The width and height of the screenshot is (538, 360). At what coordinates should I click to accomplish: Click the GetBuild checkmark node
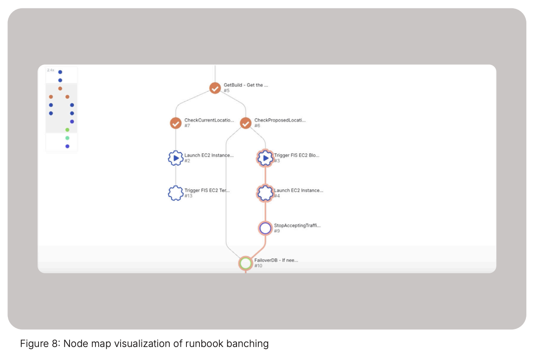(215, 88)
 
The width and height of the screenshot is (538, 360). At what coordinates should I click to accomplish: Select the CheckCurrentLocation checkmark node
(175, 123)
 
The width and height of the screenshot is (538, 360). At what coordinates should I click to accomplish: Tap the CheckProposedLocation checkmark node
(246, 123)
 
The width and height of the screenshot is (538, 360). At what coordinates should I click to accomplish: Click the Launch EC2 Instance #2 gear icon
(175, 158)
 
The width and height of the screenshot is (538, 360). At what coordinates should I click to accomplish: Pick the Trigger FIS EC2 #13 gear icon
(175, 193)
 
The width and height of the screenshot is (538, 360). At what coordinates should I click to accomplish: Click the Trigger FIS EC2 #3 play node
(265, 158)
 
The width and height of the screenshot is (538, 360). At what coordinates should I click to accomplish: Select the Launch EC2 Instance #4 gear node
(265, 193)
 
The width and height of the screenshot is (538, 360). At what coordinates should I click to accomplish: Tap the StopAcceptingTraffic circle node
(265, 228)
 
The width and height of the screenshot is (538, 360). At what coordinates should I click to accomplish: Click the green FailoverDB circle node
(246, 263)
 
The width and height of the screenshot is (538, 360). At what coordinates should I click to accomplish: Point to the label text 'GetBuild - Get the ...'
(246, 85)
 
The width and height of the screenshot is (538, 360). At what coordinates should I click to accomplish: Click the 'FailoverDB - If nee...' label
(276, 260)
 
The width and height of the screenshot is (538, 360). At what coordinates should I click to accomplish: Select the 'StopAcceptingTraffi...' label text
(297, 225)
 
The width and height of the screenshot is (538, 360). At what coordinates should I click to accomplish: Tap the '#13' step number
(188, 196)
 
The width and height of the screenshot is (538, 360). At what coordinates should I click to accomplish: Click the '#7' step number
(187, 126)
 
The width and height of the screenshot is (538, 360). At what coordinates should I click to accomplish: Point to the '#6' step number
(257, 126)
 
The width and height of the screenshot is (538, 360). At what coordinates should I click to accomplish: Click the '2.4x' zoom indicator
(51, 70)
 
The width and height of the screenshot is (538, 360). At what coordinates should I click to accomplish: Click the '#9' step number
(277, 231)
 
